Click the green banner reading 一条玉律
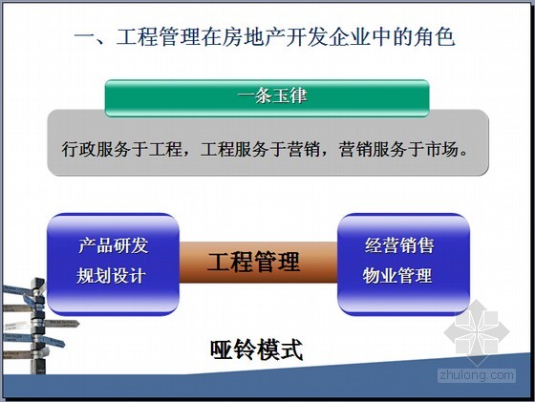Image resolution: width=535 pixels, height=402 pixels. pyautogui.click(x=267, y=98)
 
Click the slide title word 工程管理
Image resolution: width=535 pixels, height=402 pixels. pyautogui.click(x=158, y=37)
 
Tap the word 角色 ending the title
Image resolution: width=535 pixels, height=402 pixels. pyautogui.click(x=435, y=37)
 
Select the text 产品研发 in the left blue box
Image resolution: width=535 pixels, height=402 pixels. pyautogui.click(x=114, y=245)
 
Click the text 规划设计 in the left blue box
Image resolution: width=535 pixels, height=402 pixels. pyautogui.click(x=111, y=276)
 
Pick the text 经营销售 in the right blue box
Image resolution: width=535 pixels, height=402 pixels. pyautogui.click(x=399, y=245)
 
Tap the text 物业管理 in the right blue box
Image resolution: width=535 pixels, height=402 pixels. pyautogui.click(x=397, y=276)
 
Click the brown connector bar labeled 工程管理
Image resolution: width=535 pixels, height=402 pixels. pyautogui.click(x=258, y=263)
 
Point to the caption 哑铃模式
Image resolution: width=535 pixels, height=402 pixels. pyautogui.click(x=257, y=349)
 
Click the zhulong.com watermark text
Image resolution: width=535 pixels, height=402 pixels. pyautogui.click(x=477, y=375)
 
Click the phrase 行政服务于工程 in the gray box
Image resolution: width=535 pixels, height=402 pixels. pyautogui.click(x=121, y=149)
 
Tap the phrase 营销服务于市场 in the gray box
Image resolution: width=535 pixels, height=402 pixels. pyautogui.click(x=398, y=149)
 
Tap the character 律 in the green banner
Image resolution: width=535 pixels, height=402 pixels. pyautogui.click(x=298, y=95)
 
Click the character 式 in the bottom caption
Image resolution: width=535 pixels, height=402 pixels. pyautogui.click(x=291, y=349)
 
